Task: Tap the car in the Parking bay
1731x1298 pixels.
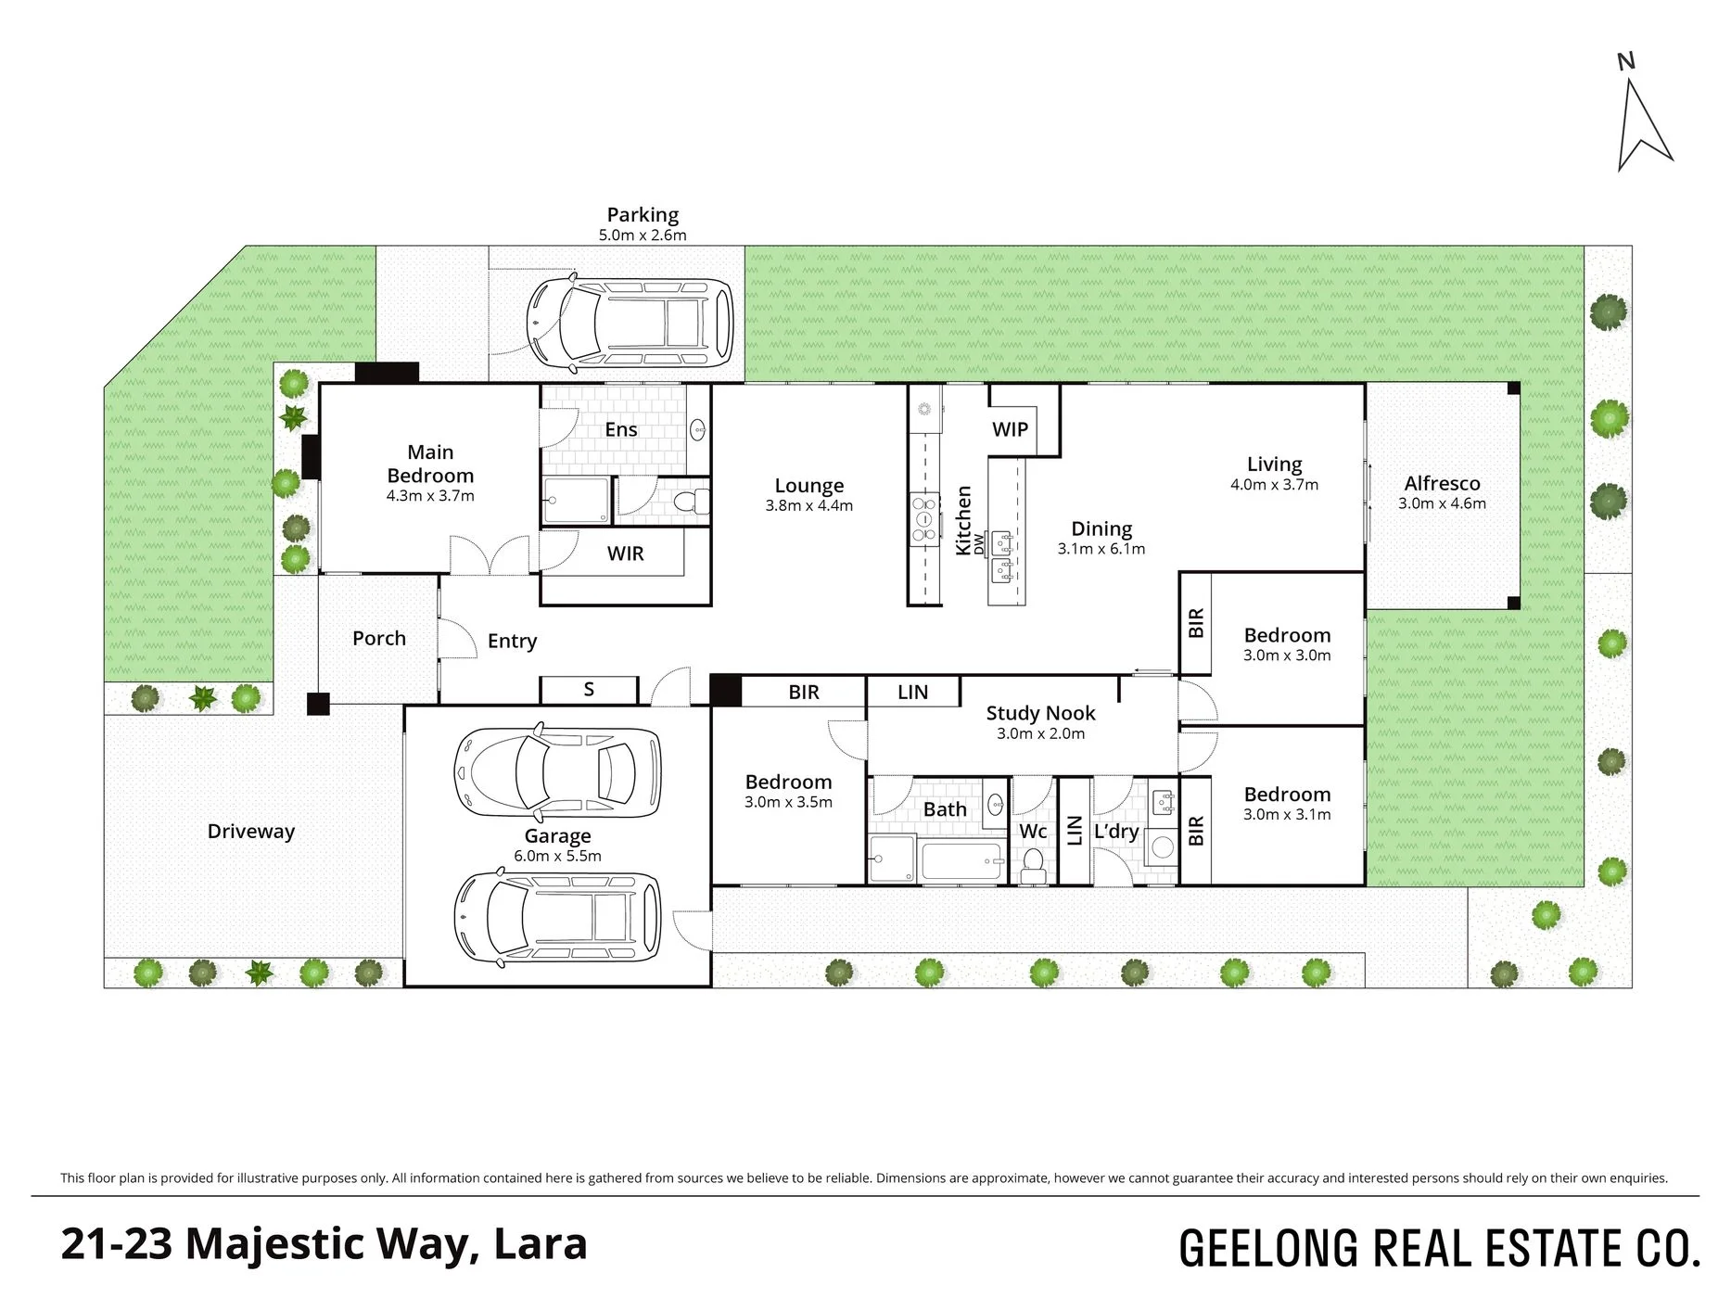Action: coord(630,321)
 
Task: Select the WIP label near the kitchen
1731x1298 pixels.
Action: coord(1010,429)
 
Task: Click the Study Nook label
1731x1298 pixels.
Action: coord(1040,713)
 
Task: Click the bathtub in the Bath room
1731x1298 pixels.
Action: coord(962,862)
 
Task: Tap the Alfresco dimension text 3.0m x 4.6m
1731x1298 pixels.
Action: coord(1442,503)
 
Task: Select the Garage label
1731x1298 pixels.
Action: coord(557,836)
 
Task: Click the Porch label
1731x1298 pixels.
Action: coord(379,638)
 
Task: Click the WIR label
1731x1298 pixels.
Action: coord(625,554)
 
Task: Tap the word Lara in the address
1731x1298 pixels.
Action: coord(541,1244)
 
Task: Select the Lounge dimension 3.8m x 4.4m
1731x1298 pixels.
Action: coord(808,505)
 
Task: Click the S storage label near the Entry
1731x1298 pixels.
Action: coord(589,690)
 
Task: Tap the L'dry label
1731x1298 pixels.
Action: coord(1115,831)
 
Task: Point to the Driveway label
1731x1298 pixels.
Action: coord(250,831)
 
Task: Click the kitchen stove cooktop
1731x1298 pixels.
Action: coord(924,519)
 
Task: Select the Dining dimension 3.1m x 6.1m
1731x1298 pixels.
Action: coord(1101,549)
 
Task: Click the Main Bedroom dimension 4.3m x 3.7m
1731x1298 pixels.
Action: coord(430,496)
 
